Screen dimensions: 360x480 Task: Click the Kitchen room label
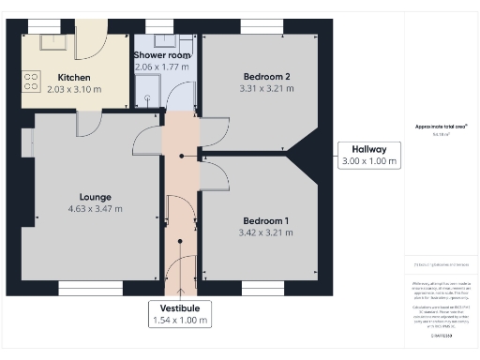[x=74, y=78]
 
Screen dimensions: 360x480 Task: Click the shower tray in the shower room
[x=146, y=90]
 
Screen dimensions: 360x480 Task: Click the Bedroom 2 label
[x=267, y=76]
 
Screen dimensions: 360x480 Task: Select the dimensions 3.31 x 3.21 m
[x=267, y=89]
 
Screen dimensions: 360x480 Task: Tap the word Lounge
[x=96, y=196]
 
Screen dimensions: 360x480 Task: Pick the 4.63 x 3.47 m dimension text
[x=96, y=209]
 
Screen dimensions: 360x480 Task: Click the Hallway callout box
[x=368, y=155]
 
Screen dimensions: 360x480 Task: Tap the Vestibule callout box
[x=180, y=314]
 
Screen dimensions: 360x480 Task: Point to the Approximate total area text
[x=440, y=127]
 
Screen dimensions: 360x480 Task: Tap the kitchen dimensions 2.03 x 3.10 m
[x=74, y=91]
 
